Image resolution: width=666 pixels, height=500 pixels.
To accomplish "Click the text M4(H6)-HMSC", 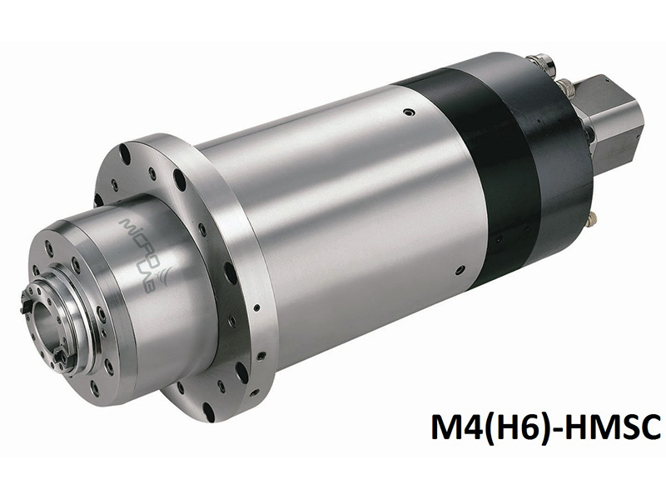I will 544,428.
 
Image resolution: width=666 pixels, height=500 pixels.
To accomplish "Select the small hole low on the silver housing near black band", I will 460,269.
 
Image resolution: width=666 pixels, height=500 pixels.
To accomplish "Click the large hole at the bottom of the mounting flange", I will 207,410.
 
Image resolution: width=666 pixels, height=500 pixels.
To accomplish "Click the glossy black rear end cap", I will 549,150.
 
